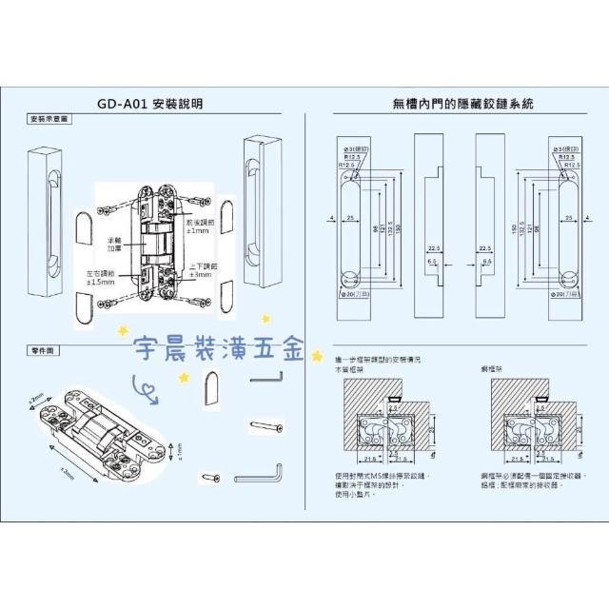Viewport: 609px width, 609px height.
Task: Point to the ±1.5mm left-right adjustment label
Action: pos(96,278)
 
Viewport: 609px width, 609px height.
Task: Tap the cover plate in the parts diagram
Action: pos(213,385)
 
